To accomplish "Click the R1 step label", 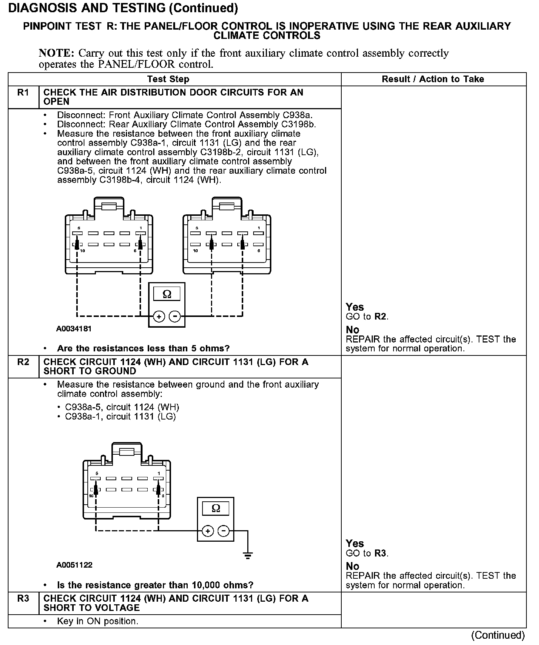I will (x=23, y=93).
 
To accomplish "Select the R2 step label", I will (x=23, y=362).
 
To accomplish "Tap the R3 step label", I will (x=23, y=598).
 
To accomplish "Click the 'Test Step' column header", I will (x=168, y=79).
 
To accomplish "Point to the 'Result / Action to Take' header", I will (x=433, y=79).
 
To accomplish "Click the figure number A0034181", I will (x=74, y=328).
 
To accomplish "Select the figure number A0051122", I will (x=74, y=565).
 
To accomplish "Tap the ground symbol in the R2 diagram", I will (x=248, y=555).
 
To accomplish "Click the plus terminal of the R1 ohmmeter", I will (x=159, y=317).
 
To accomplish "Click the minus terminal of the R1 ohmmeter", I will (x=175, y=317).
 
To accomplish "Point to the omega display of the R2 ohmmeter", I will (x=215, y=509).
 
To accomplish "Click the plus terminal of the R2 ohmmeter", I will (x=208, y=531).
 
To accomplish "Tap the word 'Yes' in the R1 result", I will (x=355, y=307).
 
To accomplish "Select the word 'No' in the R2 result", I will (x=352, y=566).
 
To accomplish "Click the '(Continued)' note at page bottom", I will (x=498, y=635).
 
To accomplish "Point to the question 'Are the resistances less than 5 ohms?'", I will (x=143, y=348).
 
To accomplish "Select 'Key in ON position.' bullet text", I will (x=98, y=621).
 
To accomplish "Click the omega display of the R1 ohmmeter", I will (x=167, y=294).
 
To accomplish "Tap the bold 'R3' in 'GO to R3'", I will (x=380, y=554).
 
